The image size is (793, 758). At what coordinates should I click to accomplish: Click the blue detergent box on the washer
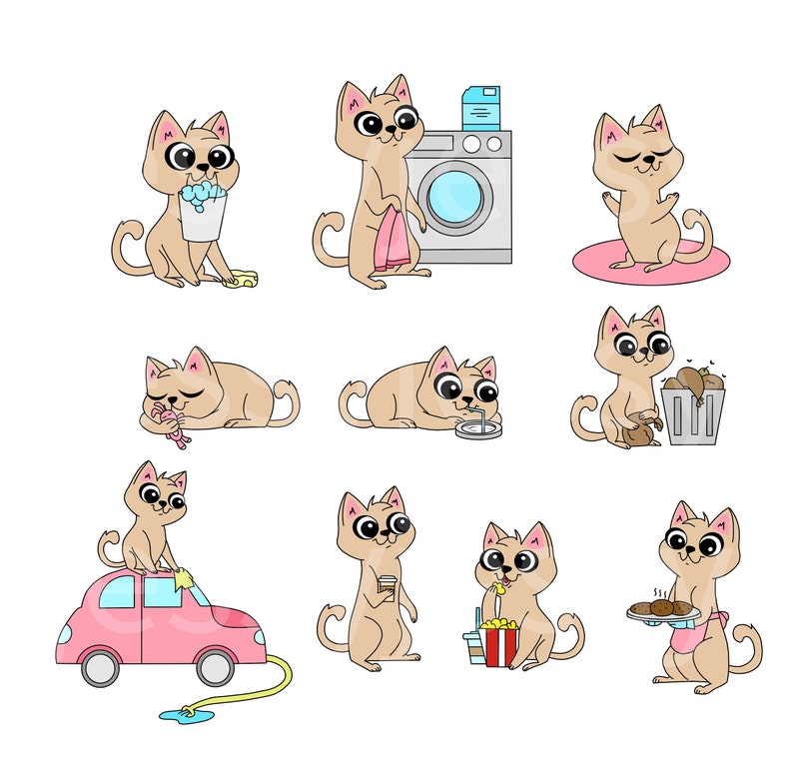pos(479,108)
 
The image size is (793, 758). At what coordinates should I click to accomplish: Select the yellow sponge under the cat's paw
pos(242,280)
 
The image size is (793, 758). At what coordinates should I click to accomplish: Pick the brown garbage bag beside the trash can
pos(638,430)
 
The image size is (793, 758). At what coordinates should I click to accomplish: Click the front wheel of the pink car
pos(215,667)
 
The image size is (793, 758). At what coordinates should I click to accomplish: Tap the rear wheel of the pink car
pos(99,667)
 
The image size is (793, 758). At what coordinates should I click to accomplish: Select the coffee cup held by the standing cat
pos(388,587)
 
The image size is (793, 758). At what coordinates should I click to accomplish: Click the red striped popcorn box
pos(498,643)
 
